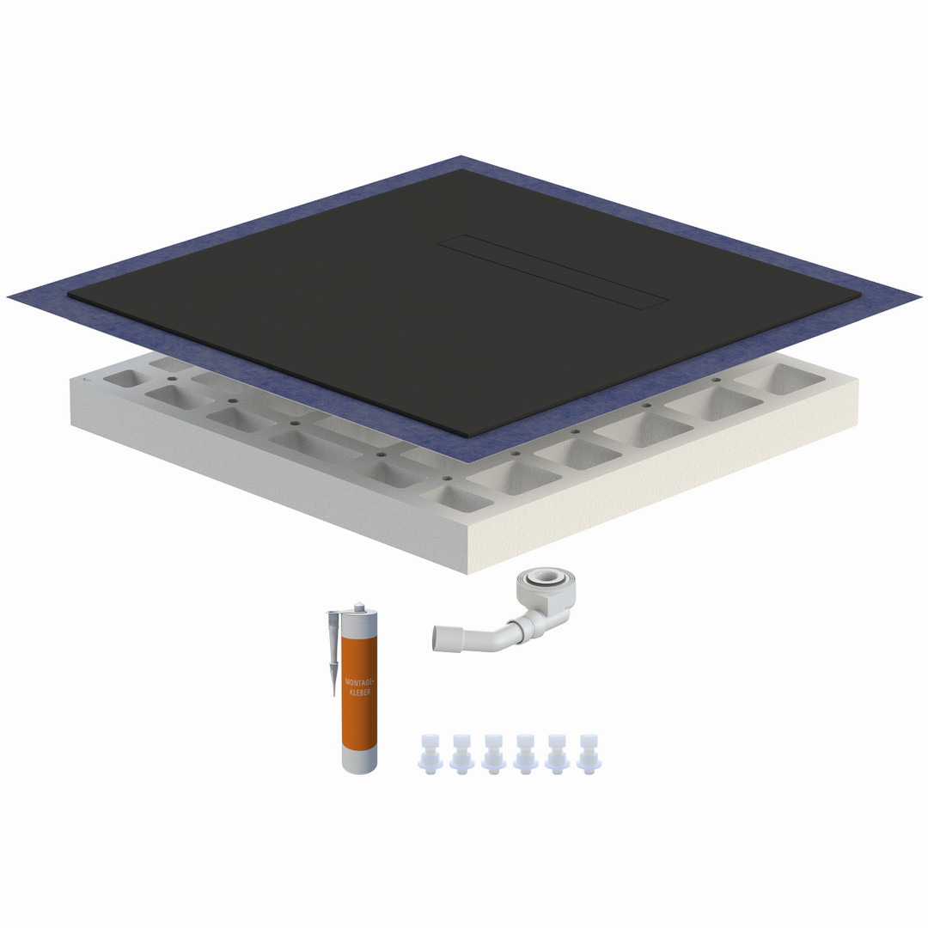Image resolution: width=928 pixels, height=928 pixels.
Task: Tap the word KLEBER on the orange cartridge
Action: point(360,692)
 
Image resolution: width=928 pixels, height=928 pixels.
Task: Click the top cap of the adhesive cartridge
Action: point(358,608)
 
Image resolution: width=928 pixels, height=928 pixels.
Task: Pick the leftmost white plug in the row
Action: point(430,754)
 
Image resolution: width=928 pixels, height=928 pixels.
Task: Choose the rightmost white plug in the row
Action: point(589,754)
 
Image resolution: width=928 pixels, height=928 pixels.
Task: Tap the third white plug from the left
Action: point(493,754)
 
